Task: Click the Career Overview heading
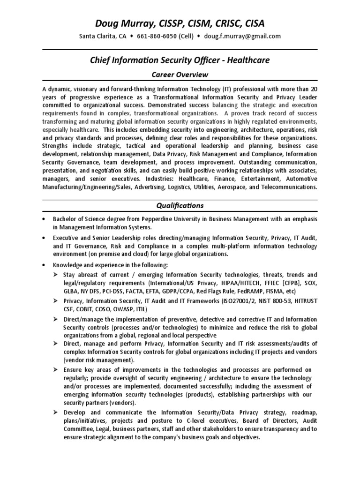click(x=180, y=75)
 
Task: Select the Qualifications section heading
click(x=180, y=205)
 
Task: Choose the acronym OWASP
click(x=122, y=309)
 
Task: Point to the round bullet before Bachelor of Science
click(x=44, y=219)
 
